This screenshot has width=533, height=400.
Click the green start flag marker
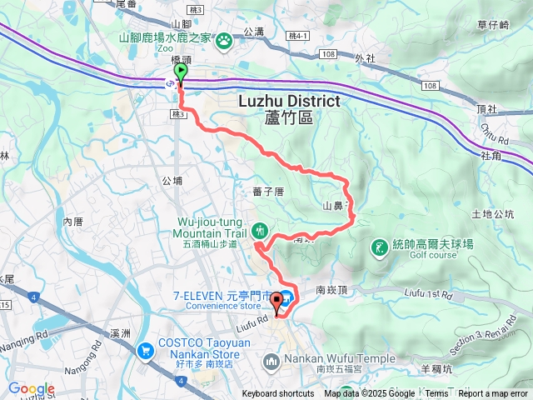point(180,73)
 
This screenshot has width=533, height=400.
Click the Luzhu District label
point(289,101)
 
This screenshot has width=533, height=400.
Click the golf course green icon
point(380,247)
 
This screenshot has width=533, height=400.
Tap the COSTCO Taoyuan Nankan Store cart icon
point(147,350)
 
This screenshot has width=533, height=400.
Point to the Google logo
point(32,388)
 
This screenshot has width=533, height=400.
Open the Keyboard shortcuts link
point(278,394)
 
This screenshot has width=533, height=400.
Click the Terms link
point(436,394)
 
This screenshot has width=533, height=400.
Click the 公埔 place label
point(172,180)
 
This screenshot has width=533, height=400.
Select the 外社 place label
point(365,58)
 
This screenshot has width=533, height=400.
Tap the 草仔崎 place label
point(493,26)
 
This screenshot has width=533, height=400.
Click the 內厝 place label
point(73,221)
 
